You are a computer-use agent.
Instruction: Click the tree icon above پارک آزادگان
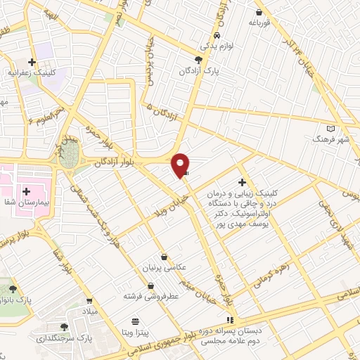pos(200,60)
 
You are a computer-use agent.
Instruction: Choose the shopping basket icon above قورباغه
pos(259,11)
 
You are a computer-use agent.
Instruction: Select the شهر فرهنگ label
pos(330,140)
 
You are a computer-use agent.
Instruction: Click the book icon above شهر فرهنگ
pos(332,129)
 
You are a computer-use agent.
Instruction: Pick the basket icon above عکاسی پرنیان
pos(165,257)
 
